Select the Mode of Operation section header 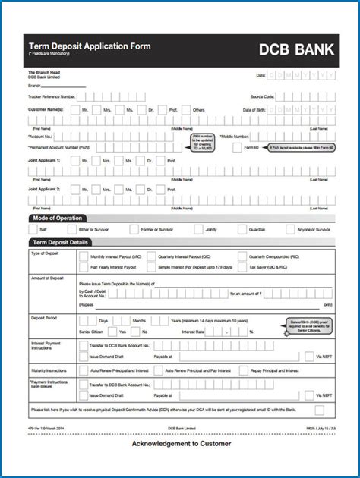(57, 219)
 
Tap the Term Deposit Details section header (60, 243)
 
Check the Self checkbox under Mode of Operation (33, 229)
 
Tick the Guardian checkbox (242, 229)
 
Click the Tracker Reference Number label (52, 96)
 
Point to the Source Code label (263, 96)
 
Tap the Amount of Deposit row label (47, 279)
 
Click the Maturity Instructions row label (50, 370)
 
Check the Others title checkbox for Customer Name (185, 110)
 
